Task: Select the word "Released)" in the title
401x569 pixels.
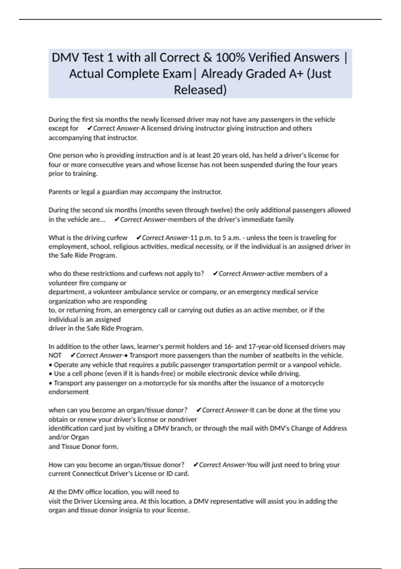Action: tap(200, 90)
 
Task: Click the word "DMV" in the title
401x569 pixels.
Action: tap(65, 58)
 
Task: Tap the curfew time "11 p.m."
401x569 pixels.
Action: tap(201, 238)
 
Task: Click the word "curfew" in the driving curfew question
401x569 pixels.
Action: tap(117, 238)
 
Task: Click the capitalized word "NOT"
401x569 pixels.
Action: tap(55, 355)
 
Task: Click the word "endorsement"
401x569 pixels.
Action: tap(69, 392)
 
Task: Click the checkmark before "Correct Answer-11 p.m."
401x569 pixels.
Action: tap(139, 238)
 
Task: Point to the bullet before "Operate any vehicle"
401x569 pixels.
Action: tap(50, 365)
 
